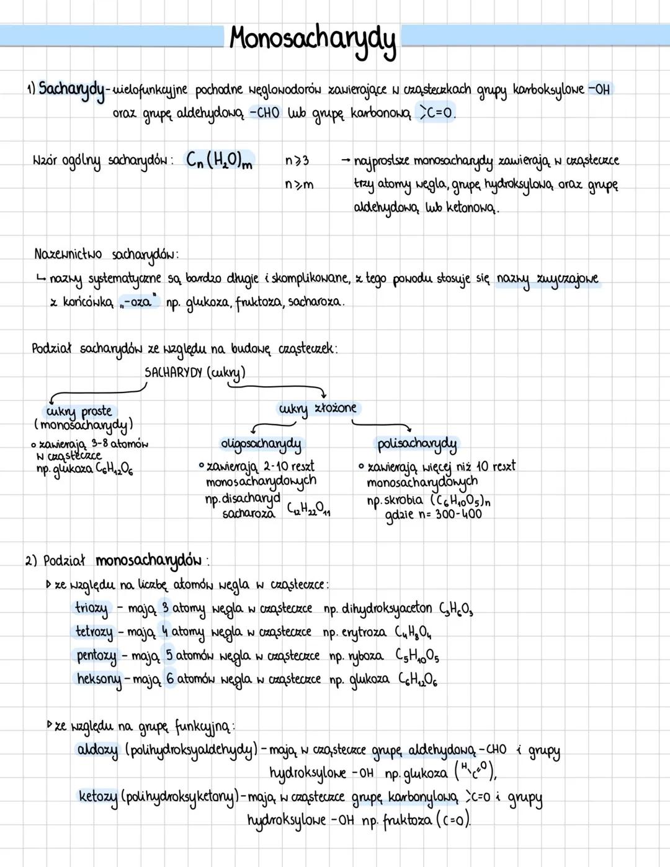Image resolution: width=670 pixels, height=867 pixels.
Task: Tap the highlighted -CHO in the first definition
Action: click(264, 113)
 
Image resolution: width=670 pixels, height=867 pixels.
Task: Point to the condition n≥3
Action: click(297, 161)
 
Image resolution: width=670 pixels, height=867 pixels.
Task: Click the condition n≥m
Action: click(299, 184)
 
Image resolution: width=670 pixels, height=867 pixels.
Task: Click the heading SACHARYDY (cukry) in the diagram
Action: click(195, 373)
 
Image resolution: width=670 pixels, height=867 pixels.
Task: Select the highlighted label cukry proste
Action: click(79, 411)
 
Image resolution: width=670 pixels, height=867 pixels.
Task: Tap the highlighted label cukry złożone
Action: click(318, 408)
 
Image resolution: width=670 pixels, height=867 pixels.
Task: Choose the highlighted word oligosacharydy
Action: click(261, 443)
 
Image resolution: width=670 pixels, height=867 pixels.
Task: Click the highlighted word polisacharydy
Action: click(417, 443)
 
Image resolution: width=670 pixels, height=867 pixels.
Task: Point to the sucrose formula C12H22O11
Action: click(308, 511)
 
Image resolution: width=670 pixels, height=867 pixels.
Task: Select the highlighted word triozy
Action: click(92, 608)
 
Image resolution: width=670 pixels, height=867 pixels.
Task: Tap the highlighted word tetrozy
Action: click(94, 632)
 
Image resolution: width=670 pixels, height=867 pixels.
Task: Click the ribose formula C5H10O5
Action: click(417, 656)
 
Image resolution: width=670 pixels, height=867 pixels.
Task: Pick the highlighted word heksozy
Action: click(99, 679)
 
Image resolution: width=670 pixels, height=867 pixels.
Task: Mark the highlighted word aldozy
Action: click(97, 750)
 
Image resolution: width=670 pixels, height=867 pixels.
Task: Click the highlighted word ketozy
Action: click(98, 796)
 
